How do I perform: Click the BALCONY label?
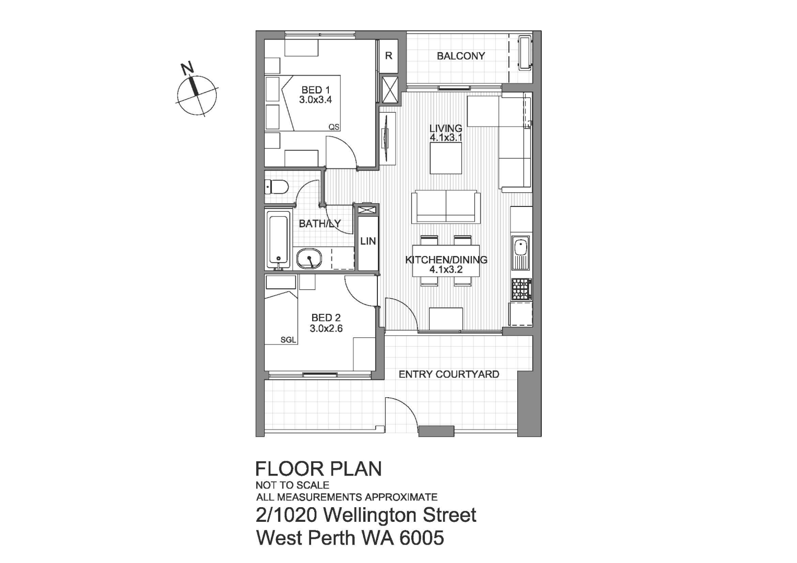460,56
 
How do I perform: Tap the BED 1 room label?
315,90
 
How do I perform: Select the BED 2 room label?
326,317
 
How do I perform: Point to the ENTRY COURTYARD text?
448,374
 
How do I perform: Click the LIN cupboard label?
368,241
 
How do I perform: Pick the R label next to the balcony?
388,56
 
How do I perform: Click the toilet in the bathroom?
276,187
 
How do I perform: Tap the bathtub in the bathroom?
278,239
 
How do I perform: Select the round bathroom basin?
310,258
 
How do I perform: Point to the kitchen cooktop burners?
521,289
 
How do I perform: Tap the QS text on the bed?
334,127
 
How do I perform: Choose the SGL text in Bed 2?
288,340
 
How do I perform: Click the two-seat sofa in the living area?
446,207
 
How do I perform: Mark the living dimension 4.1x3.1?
446,138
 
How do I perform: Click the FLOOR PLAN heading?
318,469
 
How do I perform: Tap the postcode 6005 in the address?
422,537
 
